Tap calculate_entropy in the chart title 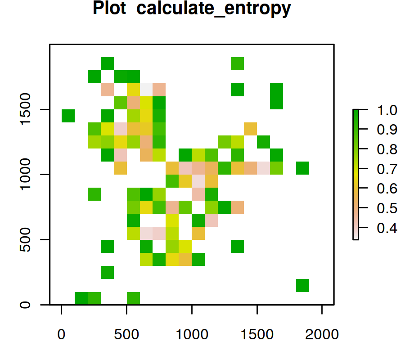[x=211, y=9]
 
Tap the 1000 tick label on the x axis [x=192, y=334]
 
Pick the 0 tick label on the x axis [x=61, y=334]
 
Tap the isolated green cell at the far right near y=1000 [x=302, y=168]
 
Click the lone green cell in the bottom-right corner [x=302, y=285]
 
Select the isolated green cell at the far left [x=68, y=116]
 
